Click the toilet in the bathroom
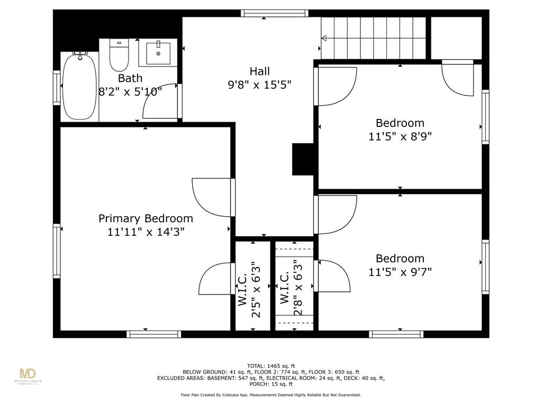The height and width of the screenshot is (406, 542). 119,55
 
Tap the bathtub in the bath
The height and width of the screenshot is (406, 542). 79,87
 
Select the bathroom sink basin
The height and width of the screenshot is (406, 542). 158,53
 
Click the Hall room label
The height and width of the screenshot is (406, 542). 259,71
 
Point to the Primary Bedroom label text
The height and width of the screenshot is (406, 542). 146,218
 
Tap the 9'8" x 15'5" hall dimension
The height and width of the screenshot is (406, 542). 259,85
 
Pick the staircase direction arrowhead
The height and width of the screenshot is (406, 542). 324,38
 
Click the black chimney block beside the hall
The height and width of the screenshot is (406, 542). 303,159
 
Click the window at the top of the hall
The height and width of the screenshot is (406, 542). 275,13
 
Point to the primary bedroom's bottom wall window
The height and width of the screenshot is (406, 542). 153,334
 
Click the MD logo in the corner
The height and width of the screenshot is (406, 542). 28,376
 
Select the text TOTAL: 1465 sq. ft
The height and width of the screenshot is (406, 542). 271,366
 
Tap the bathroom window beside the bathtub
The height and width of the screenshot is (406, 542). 57,87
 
